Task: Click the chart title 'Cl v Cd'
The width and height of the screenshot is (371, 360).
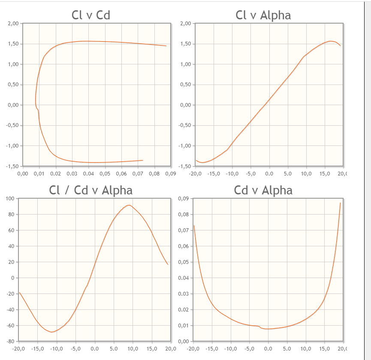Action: [x=90, y=15]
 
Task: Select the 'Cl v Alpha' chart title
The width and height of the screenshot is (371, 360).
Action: [x=263, y=15]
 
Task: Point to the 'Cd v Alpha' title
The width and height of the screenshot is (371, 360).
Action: [x=263, y=190]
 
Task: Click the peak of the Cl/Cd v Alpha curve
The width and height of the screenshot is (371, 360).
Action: [x=129, y=205]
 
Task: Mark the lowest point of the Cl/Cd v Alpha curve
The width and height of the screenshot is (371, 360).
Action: [x=51, y=332]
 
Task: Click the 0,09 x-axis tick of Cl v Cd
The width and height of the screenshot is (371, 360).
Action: [x=171, y=174]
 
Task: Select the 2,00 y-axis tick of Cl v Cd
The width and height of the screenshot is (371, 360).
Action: [x=13, y=24]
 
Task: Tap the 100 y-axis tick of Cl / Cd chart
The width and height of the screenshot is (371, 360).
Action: [x=11, y=199]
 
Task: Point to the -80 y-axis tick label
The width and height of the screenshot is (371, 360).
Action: [x=11, y=341]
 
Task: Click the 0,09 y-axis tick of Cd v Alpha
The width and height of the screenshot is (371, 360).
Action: [x=183, y=199]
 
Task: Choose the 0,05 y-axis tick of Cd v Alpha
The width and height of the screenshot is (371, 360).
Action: [x=183, y=262]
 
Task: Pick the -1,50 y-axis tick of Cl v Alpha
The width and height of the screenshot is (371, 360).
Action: [x=184, y=166]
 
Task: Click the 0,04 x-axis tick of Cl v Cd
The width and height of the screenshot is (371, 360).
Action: [x=88, y=174]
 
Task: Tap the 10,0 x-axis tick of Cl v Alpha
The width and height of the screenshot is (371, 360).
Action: [x=306, y=174]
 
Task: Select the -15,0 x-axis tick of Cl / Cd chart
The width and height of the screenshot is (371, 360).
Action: [x=37, y=349]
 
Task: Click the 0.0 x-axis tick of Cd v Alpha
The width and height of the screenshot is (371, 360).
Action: [x=268, y=349]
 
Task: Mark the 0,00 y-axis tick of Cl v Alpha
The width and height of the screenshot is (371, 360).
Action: [x=185, y=105]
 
